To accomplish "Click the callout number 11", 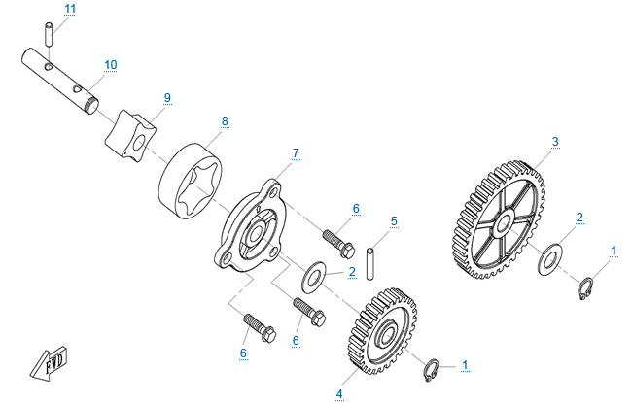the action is (x=70, y=9).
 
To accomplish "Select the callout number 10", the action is (x=111, y=65).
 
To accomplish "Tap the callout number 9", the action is (x=167, y=98).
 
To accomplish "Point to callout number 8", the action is (x=225, y=121).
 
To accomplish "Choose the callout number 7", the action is (x=296, y=153).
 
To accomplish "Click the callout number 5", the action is (x=394, y=221).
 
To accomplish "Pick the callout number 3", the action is (x=555, y=142).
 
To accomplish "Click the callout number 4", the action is (x=339, y=394).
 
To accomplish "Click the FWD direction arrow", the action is (x=49, y=363).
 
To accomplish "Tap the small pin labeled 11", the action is (x=49, y=34).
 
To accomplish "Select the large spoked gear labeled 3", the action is (x=498, y=220).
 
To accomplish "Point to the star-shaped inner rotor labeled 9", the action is (x=130, y=137).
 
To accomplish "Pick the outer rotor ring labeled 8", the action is (x=191, y=182).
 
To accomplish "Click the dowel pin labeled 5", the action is (x=369, y=264).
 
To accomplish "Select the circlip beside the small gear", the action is (x=432, y=370).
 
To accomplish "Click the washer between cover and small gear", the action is (x=314, y=277).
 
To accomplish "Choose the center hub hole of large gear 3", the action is (x=504, y=223).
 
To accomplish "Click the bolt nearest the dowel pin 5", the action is (x=338, y=244).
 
